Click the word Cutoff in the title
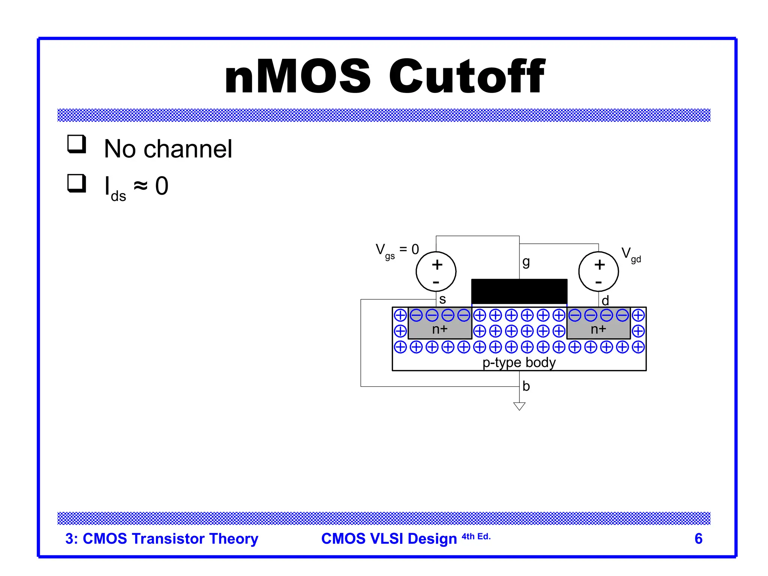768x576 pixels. tap(466, 76)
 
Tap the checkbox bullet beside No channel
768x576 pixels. tap(77, 144)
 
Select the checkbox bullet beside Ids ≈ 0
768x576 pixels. tap(77, 183)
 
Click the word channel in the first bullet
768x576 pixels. tap(188, 149)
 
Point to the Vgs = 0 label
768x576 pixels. tap(397, 250)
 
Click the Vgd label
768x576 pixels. tap(631, 255)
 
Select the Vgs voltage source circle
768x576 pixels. tap(436, 271)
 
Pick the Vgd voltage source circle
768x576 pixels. tap(598, 271)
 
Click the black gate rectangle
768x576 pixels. tap(519, 291)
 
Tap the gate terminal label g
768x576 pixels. tap(526, 262)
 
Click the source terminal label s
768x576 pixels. tap(442, 300)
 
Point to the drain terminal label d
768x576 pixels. tap(605, 301)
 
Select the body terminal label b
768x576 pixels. tap(526, 386)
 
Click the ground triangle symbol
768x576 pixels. tap(519, 406)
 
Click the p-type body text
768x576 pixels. tap(519, 363)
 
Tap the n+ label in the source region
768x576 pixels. tap(440, 329)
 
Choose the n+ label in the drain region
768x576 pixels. tap(598, 329)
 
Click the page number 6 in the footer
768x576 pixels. tap(698, 539)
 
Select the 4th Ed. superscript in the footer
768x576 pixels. tap(476, 537)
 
